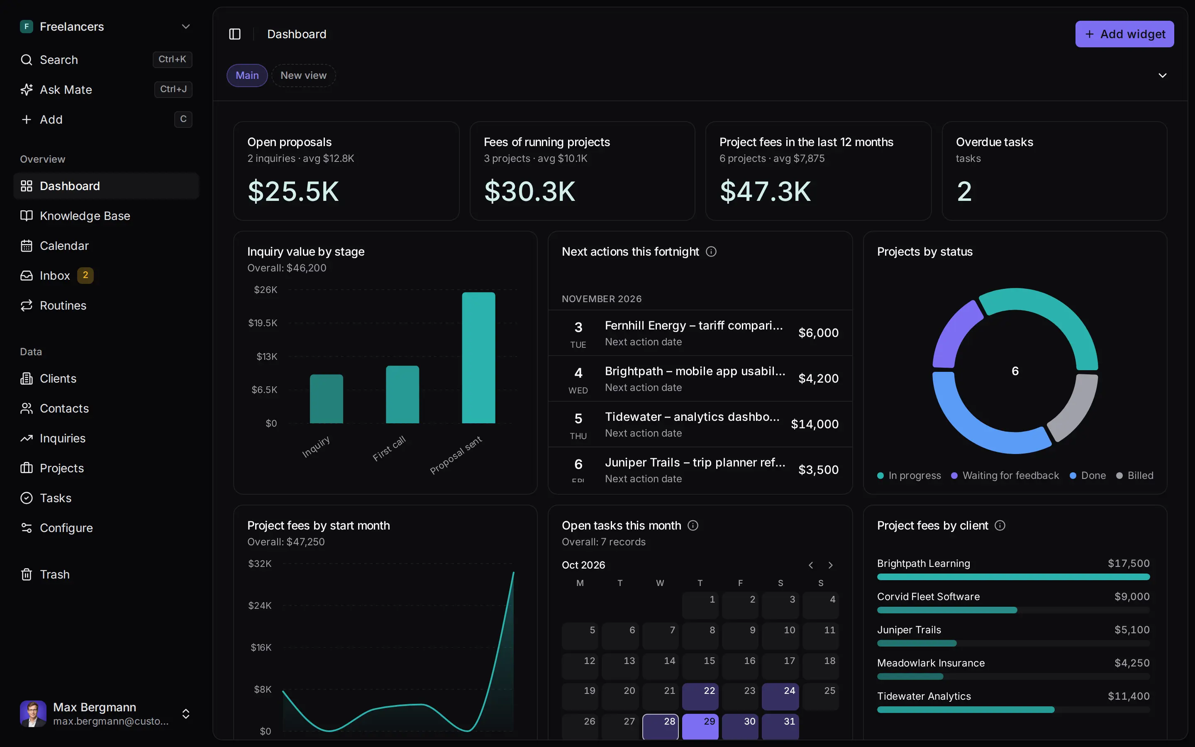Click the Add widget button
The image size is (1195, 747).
(x=1124, y=34)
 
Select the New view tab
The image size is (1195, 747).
(x=303, y=76)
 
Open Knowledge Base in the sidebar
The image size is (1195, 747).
(x=85, y=216)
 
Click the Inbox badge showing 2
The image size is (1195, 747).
(x=85, y=275)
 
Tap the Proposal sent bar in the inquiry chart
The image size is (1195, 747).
(x=478, y=358)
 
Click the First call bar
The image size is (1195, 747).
(x=402, y=394)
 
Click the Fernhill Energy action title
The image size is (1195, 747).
(x=694, y=326)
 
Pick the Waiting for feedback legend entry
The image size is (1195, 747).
(x=1005, y=475)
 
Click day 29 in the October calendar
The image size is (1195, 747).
(x=700, y=726)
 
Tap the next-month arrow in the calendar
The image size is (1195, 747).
(x=831, y=565)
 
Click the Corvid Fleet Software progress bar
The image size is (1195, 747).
(x=1013, y=610)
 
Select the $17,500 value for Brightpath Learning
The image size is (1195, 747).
(x=1129, y=564)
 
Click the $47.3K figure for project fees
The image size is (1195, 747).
(x=766, y=192)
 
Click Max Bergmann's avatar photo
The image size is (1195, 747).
(x=33, y=714)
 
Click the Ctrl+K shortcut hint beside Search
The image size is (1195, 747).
(x=172, y=59)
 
